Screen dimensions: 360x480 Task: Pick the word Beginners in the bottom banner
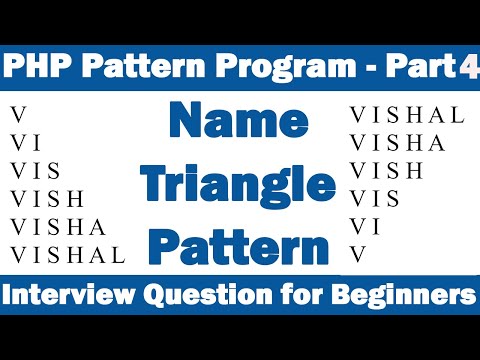click(400, 296)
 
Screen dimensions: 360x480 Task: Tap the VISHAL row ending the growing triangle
click(67, 254)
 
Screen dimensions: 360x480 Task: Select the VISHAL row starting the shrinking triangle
click(407, 115)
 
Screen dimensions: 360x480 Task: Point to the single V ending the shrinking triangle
click(357, 254)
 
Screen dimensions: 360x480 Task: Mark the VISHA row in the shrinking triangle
click(398, 143)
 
